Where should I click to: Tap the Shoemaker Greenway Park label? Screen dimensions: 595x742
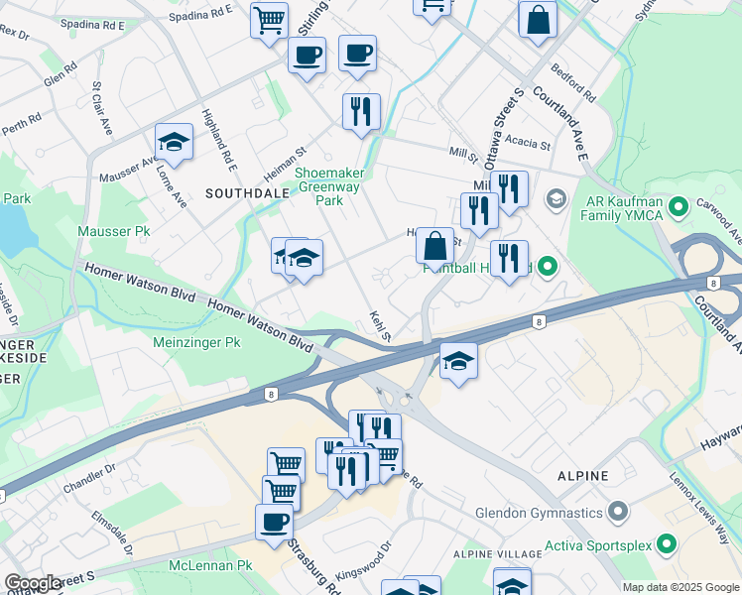[328, 186]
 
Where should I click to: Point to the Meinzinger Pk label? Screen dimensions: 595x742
[197, 342]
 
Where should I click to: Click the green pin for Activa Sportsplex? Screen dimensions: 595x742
[668, 543]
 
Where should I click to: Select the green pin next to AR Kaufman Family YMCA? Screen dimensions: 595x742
[680, 208]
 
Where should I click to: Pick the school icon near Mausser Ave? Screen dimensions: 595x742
[174, 143]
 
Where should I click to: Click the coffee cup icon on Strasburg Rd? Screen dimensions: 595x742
[274, 522]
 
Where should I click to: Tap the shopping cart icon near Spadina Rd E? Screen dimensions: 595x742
[269, 21]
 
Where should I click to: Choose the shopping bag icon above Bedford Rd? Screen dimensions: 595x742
[537, 21]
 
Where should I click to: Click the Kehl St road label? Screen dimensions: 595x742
[378, 323]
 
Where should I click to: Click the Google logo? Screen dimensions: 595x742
[32, 583]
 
